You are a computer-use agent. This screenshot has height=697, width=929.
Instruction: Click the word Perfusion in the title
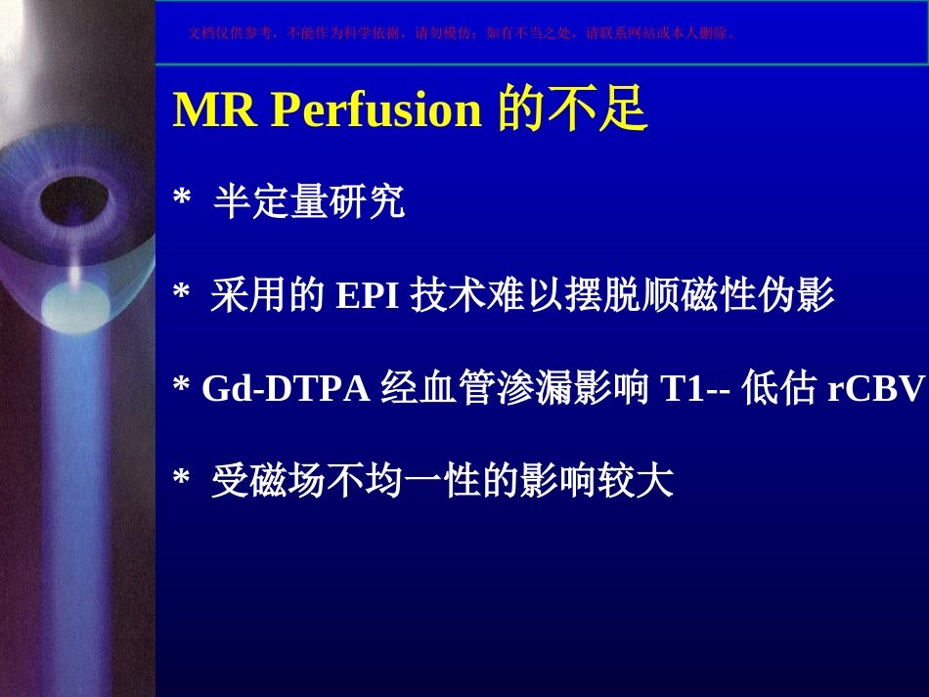point(376,110)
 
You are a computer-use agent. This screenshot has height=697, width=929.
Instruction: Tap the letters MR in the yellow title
point(215,109)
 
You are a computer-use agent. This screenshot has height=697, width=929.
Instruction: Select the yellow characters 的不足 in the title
point(572,109)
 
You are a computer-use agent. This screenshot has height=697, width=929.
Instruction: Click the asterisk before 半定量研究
point(182,196)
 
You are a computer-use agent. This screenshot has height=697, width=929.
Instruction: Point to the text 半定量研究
point(309,201)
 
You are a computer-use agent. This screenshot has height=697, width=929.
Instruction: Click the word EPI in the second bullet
point(368,294)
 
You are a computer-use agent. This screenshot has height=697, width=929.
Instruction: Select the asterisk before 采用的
point(181,290)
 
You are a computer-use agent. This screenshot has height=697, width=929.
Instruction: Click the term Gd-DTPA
point(287,388)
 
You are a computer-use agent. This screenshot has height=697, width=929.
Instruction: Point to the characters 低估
point(779,387)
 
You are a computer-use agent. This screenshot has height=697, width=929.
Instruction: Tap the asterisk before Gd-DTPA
point(181,385)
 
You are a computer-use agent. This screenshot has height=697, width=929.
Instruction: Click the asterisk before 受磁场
point(181,477)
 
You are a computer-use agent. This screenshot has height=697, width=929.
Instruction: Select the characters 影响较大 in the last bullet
point(597,480)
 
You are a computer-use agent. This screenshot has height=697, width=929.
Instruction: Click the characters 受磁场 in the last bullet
point(268,480)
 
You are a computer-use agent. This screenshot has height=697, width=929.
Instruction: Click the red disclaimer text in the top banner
point(462,33)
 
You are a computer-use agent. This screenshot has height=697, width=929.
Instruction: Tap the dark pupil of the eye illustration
point(74,200)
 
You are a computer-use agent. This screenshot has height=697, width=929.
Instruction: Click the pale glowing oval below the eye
point(76,305)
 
